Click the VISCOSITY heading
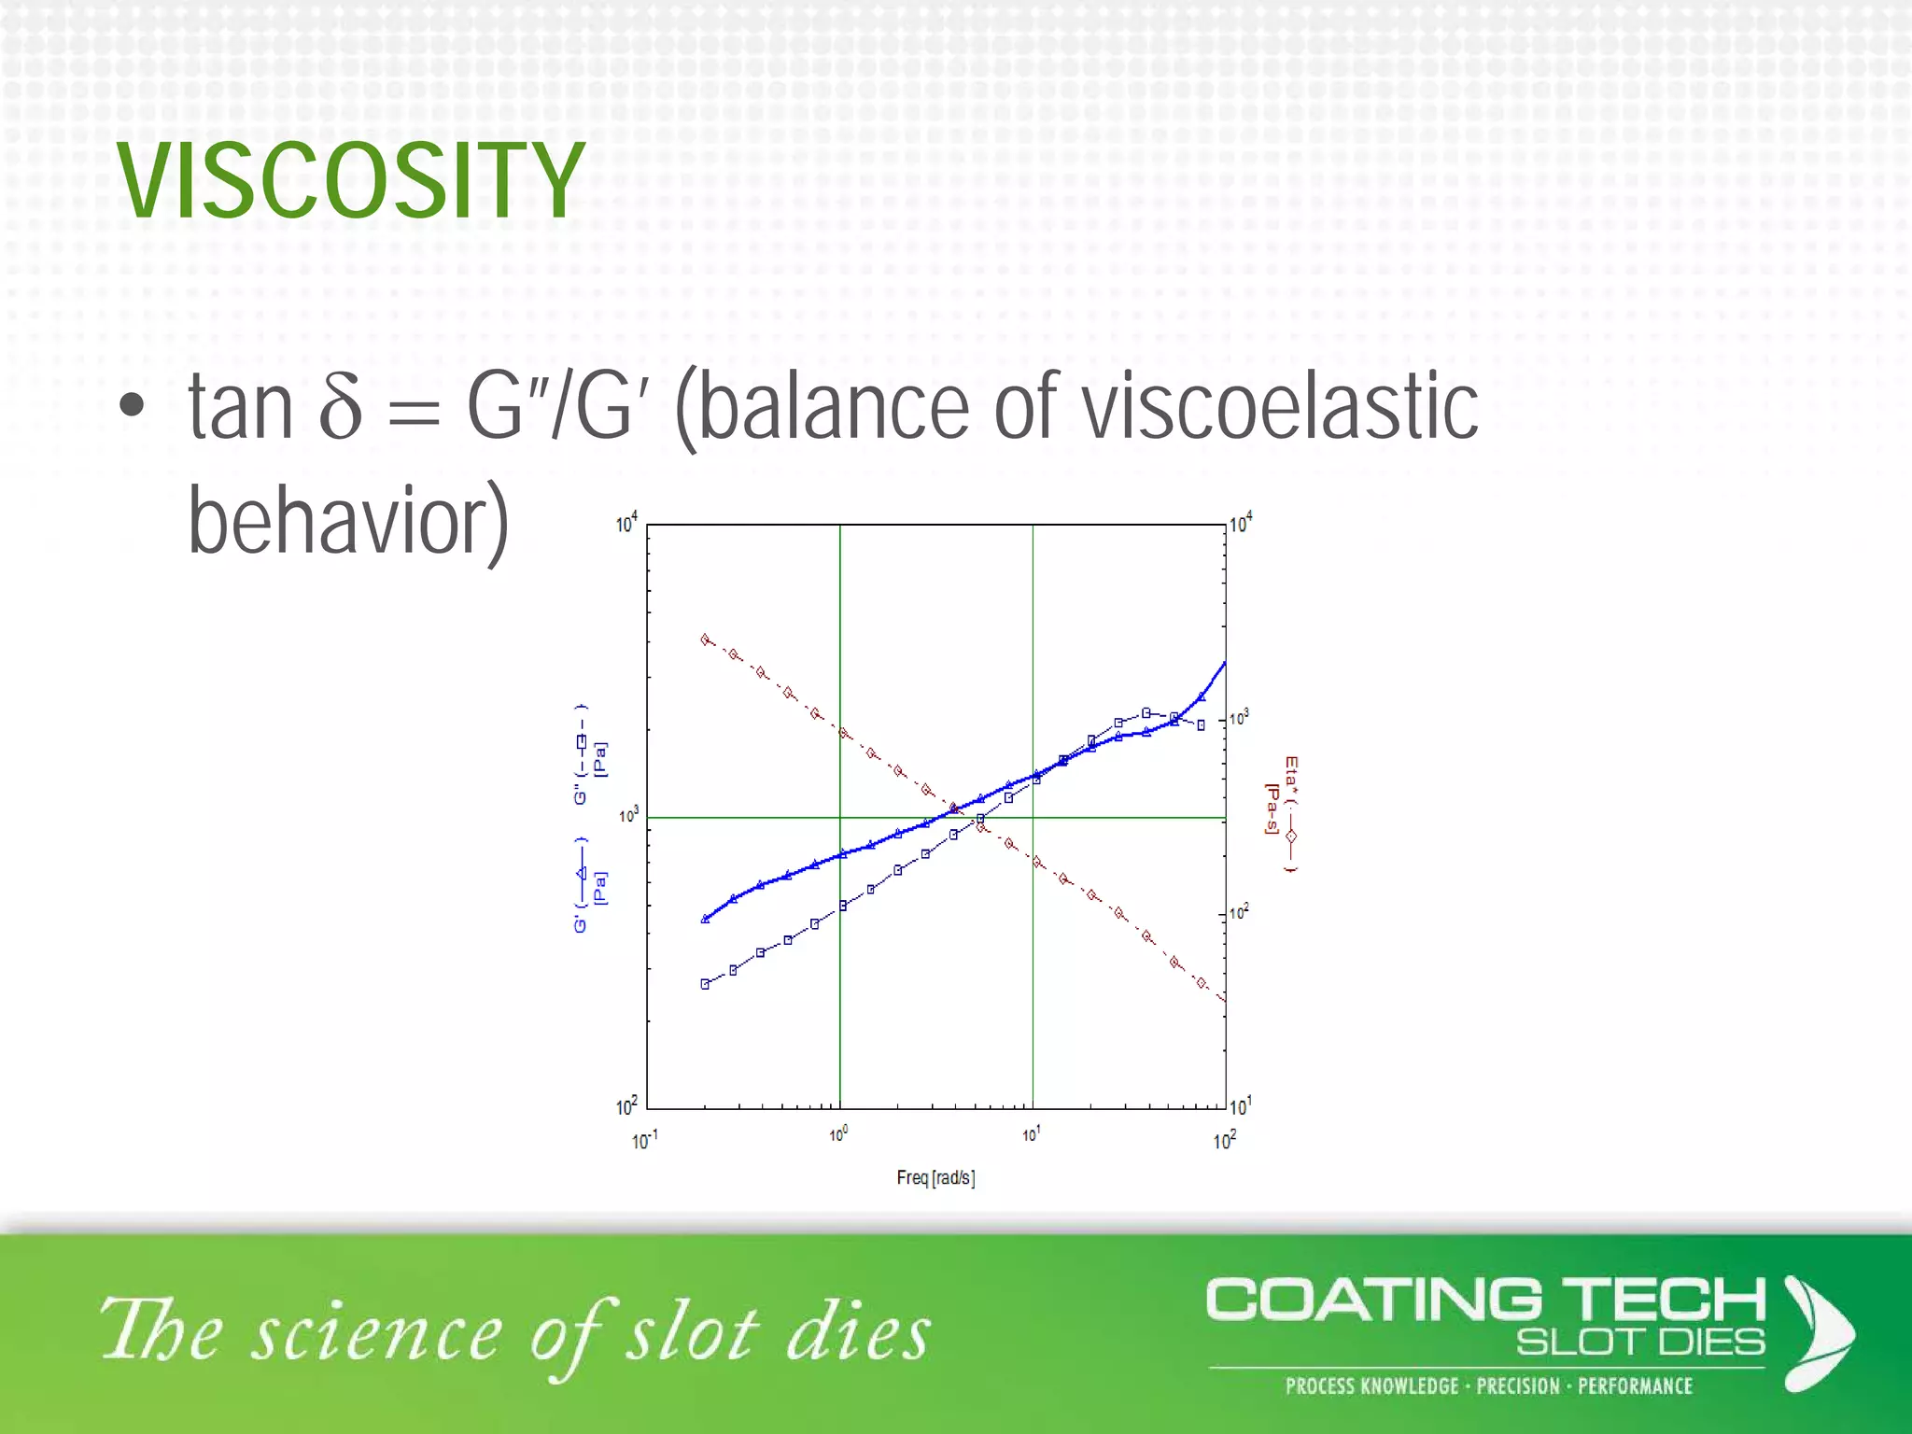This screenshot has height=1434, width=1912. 351,181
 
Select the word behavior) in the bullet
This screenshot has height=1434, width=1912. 348,521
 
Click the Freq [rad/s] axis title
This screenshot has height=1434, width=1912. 935,1177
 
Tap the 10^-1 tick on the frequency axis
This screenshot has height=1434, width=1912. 644,1140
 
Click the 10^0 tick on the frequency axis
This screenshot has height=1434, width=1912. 838,1134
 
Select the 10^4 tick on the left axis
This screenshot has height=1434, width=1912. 626,524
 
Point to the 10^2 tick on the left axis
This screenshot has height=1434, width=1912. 626,1106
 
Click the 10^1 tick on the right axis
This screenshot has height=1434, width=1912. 1240,1106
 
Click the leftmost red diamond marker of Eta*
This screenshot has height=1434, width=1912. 705,640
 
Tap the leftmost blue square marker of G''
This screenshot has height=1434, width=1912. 705,984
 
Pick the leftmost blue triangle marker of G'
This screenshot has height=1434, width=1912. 705,919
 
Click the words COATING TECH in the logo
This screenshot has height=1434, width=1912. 1484,1300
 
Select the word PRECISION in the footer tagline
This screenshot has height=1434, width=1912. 1518,1385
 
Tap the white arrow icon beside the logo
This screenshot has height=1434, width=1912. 1817,1332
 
